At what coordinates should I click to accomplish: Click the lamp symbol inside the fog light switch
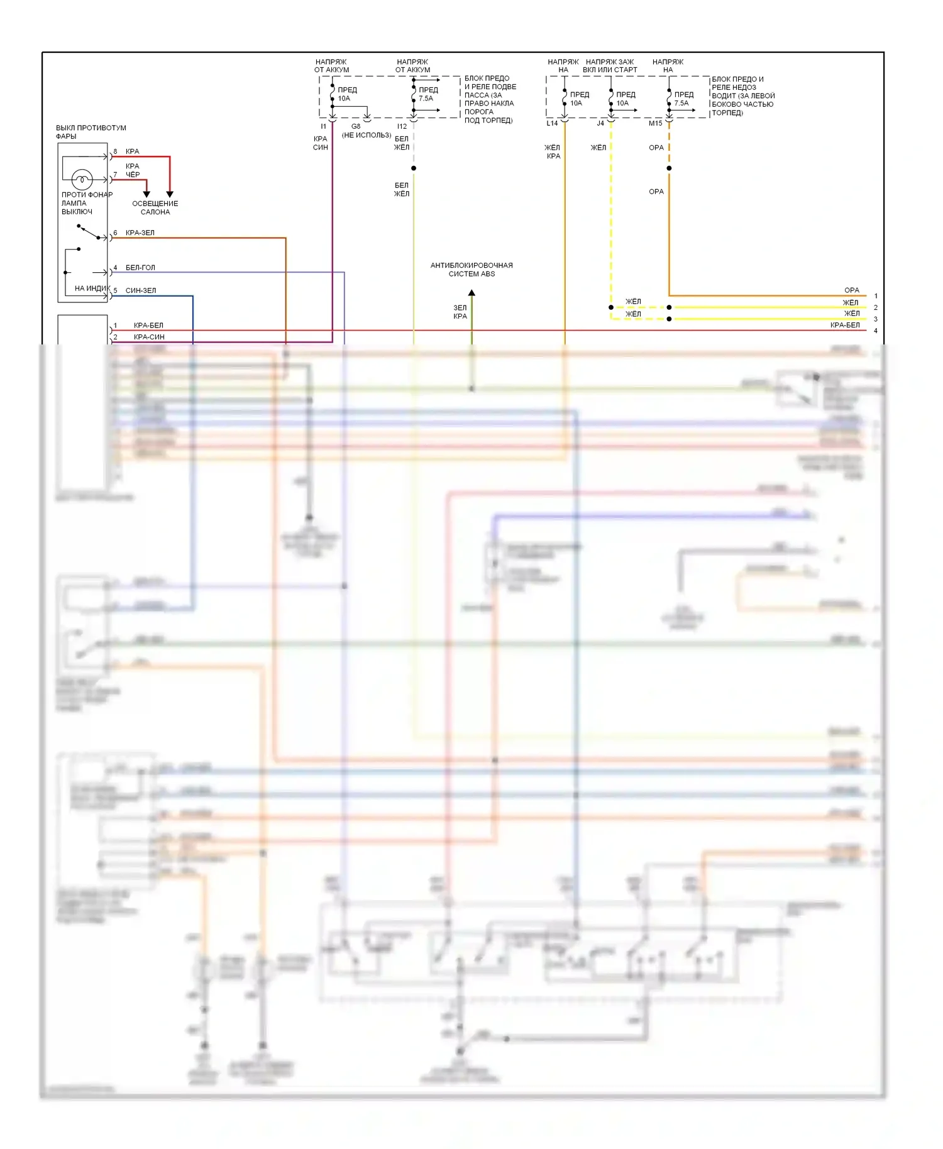pyautogui.click(x=82, y=180)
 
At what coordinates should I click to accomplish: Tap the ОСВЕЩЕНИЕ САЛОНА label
pyautogui.click(x=155, y=207)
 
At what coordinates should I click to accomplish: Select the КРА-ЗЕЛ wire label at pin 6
pyautogui.click(x=140, y=233)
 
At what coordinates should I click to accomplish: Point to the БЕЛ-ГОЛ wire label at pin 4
pyautogui.click(x=140, y=268)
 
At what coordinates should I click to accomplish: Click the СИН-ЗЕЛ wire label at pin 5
pyautogui.click(x=141, y=290)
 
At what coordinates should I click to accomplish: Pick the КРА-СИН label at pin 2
pyautogui.click(x=149, y=337)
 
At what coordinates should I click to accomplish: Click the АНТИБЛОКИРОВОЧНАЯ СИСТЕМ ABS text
pyautogui.click(x=472, y=270)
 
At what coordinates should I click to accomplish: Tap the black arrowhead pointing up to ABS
pyautogui.click(x=472, y=293)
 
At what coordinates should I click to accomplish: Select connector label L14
pyautogui.click(x=552, y=123)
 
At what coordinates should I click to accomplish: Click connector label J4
pyautogui.click(x=600, y=123)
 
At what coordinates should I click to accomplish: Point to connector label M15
pyautogui.click(x=656, y=123)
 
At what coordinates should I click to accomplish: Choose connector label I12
pyautogui.click(x=402, y=126)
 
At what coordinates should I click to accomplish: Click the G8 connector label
pyautogui.click(x=356, y=126)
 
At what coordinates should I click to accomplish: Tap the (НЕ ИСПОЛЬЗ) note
pyautogui.click(x=367, y=135)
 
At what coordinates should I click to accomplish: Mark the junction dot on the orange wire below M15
pyautogui.click(x=669, y=168)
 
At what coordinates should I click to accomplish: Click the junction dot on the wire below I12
pyautogui.click(x=414, y=168)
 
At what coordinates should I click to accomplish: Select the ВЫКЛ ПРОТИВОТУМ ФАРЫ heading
pyautogui.click(x=91, y=132)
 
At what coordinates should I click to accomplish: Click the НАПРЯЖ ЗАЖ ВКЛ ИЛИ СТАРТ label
pyautogui.click(x=610, y=66)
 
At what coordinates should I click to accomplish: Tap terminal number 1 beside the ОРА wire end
pyautogui.click(x=876, y=296)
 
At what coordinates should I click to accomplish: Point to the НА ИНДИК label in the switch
pyautogui.click(x=92, y=289)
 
